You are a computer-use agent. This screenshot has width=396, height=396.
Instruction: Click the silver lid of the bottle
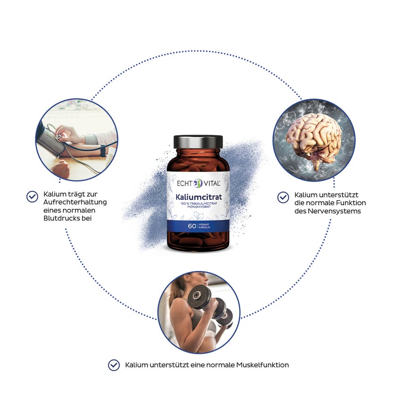point(198,142)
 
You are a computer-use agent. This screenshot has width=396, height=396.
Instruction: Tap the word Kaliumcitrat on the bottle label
point(198,197)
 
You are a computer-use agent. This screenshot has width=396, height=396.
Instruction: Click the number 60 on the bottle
point(192,226)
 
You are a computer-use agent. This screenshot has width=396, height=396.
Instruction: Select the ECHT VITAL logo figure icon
point(198,183)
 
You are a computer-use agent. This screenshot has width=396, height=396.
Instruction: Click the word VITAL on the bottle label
point(212,183)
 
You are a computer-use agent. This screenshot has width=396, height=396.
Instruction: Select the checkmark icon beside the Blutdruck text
point(33,197)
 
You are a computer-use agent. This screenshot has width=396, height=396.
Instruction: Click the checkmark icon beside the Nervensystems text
point(283,198)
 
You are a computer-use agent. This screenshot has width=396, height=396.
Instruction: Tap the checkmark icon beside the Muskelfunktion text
point(114,365)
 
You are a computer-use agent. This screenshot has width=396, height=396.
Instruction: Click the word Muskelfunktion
point(263,365)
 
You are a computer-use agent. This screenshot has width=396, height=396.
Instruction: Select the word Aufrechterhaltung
point(75,202)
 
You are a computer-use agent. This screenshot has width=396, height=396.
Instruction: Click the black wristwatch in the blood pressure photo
point(103,150)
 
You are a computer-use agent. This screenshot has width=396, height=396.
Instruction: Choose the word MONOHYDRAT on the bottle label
point(199,207)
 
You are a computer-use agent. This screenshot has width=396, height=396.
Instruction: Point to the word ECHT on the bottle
point(185,183)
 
